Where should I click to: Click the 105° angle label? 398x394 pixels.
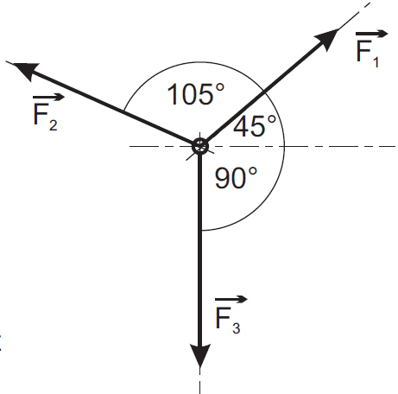[x=196, y=94]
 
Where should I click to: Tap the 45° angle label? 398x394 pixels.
[x=255, y=125]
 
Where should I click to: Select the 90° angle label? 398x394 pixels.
[x=236, y=178]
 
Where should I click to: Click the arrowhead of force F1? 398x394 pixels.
[x=327, y=39]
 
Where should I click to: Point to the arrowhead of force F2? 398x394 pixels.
[x=25, y=70]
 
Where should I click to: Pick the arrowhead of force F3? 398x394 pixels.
[x=199, y=356]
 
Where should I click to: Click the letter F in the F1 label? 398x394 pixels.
[x=363, y=51]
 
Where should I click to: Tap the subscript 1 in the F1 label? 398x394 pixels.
[x=376, y=62]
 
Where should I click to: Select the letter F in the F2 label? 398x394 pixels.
[x=41, y=114]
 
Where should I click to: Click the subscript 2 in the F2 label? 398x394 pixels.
[x=53, y=125]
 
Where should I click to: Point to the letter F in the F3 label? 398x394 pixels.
[x=223, y=318]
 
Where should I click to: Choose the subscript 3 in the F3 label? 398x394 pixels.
[x=237, y=328]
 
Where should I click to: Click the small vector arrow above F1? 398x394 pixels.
[x=372, y=34]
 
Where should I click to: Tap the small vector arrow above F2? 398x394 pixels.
[x=49, y=98]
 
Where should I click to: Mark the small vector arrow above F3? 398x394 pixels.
[x=231, y=300]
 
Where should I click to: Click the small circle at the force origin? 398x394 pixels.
[x=199, y=146]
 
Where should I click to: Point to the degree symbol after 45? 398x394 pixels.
[x=271, y=119]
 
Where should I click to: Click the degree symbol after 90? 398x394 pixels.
[x=253, y=172]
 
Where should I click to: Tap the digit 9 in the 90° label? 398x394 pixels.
[x=223, y=178]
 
